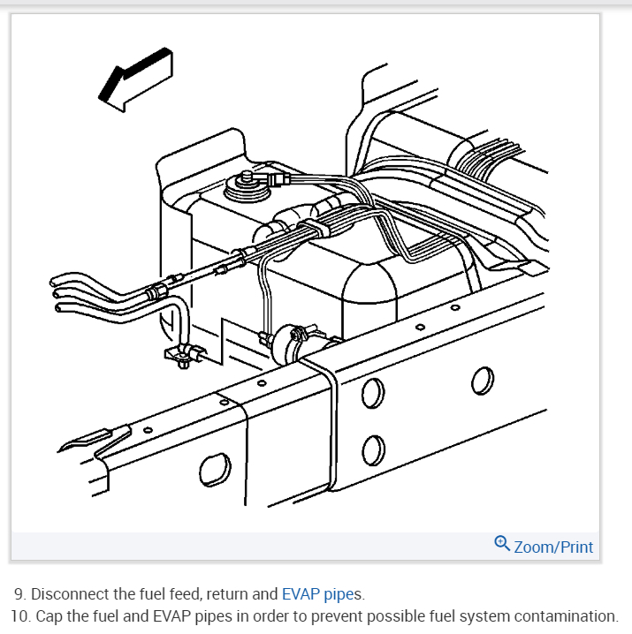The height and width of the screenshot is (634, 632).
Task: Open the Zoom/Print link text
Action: point(553,547)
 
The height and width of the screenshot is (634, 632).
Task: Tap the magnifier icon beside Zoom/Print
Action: point(502,544)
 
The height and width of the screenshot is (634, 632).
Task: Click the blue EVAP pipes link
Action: point(317,593)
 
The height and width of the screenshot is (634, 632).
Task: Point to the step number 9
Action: point(19,593)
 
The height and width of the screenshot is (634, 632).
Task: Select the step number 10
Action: point(19,615)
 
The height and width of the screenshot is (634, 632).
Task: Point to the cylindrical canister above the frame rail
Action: point(291,339)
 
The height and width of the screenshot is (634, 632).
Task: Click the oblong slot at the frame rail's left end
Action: point(214,468)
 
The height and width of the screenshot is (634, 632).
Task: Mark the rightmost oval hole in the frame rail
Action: point(482,381)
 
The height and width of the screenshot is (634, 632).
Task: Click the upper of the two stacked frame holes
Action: point(373,394)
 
